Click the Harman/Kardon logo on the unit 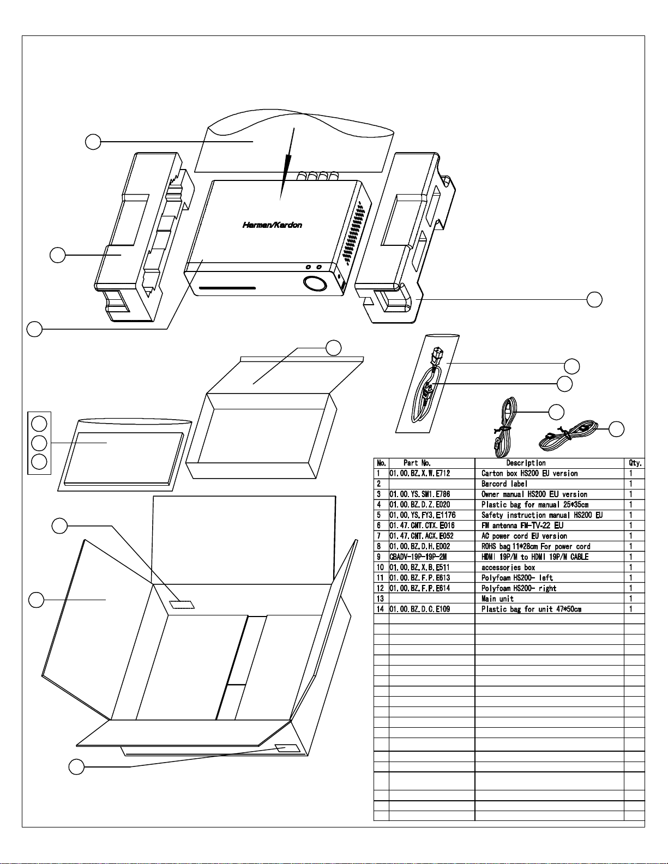click(272, 225)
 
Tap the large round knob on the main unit click(315, 284)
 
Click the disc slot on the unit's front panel click(227, 288)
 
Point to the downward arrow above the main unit click(287, 164)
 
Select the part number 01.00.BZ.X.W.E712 click(420, 474)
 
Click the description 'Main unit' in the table click(497, 599)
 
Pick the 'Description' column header click(526, 463)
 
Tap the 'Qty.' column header click(635, 463)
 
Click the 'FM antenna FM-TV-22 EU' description click(522, 525)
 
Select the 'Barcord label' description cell click(504, 484)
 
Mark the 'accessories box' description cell click(508, 567)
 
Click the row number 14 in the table click(381, 609)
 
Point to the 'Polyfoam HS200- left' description click(517, 578)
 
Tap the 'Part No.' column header click(417, 463)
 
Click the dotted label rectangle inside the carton click(182, 605)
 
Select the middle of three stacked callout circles click(39, 443)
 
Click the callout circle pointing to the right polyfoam click(594, 299)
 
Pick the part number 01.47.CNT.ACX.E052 click(422, 536)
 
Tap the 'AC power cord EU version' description click(524, 536)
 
